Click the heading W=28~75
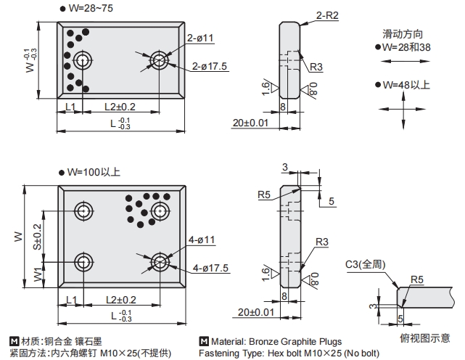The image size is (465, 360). coord(89,8)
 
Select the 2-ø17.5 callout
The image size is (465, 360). coord(210,66)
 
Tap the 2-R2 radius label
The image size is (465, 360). coord(327,15)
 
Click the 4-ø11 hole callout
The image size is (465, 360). coord(201,240)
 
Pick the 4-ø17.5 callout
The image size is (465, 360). coord(210,268)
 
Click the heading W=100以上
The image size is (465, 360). coord(94,173)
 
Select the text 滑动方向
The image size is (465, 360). coord(403,34)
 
